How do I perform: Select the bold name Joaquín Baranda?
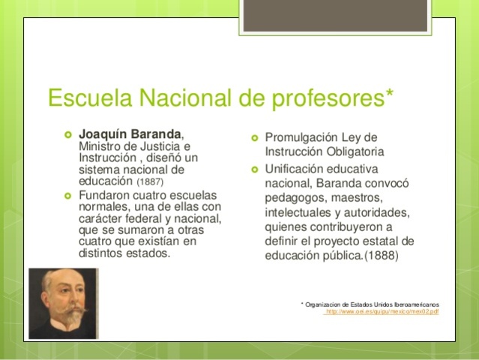[130, 134]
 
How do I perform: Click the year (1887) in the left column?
[151, 181]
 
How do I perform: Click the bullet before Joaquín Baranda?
[67, 134]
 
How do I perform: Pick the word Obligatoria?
[358, 152]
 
